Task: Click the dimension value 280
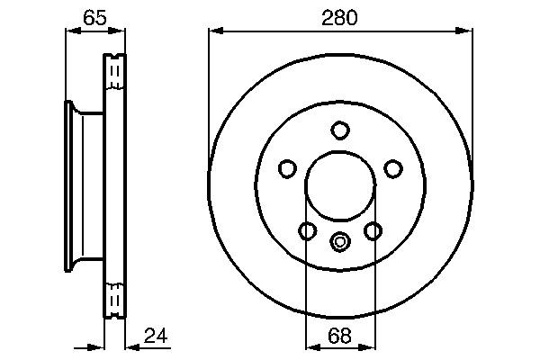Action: tap(340, 16)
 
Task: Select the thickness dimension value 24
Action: tap(156, 337)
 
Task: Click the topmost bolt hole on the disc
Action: tap(339, 130)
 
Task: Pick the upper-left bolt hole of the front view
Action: tap(287, 168)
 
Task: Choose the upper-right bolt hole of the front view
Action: tap(392, 168)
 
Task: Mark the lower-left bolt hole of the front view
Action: tap(307, 231)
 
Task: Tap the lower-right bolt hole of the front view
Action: tap(373, 231)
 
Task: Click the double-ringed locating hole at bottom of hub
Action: tap(339, 241)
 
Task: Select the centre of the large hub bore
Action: tap(339, 188)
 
